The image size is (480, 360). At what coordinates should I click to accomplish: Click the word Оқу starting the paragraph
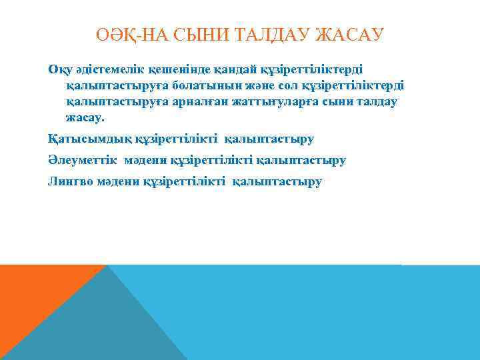click(59, 69)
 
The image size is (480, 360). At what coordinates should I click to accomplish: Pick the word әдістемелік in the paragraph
click(108, 69)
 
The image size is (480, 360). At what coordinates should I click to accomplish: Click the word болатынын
click(201, 85)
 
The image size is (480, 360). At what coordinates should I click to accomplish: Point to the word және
click(253, 85)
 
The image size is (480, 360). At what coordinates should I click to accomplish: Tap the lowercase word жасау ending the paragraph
click(85, 117)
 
